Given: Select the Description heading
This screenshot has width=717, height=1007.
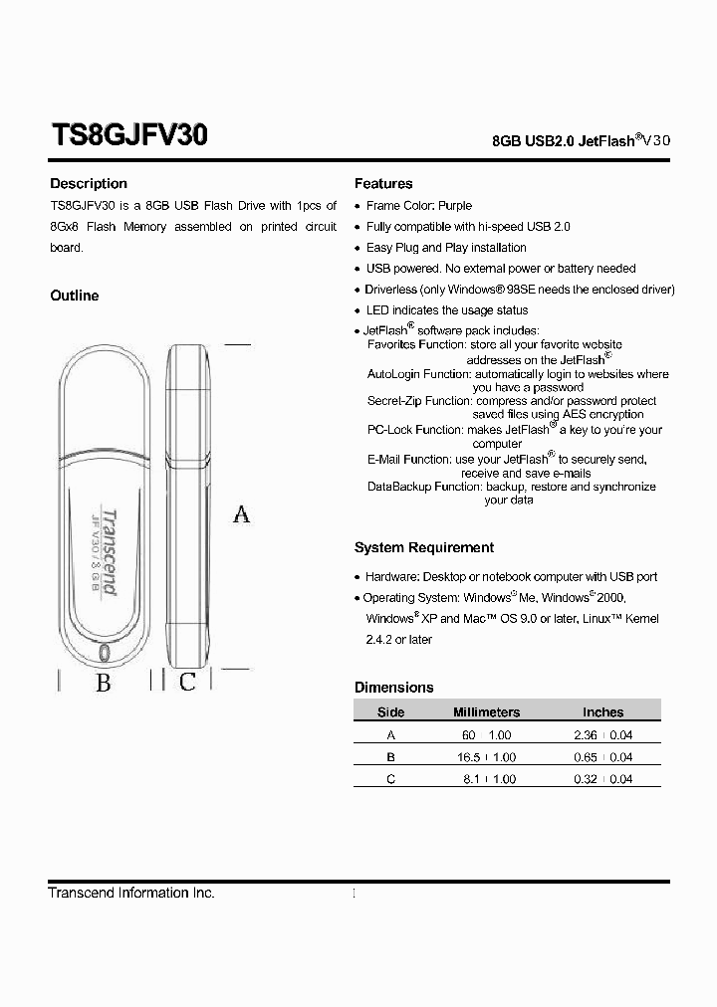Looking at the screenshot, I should [89, 184].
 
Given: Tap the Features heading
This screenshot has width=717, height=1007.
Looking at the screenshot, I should [383, 184].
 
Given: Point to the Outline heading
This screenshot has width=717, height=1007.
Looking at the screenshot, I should [75, 296].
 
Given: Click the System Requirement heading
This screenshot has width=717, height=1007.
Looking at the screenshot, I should [424, 548].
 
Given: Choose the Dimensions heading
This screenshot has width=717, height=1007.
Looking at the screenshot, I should [394, 688].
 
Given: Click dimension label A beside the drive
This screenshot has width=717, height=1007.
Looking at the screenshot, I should [241, 514].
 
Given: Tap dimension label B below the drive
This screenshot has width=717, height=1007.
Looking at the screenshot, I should [103, 683].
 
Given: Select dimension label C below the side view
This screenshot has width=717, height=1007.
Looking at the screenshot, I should [187, 682].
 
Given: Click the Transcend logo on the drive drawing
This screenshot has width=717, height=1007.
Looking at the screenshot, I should [110, 551].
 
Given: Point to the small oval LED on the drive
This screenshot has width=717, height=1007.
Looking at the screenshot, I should [106, 652].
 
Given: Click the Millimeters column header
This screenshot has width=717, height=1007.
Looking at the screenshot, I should [486, 712].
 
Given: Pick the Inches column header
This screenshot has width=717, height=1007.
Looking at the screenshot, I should [602, 712].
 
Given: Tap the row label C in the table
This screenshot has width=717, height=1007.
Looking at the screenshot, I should [390, 780].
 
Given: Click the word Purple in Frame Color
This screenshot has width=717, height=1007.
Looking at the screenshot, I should [455, 206].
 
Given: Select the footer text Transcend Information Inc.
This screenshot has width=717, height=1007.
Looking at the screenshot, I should [131, 894].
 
